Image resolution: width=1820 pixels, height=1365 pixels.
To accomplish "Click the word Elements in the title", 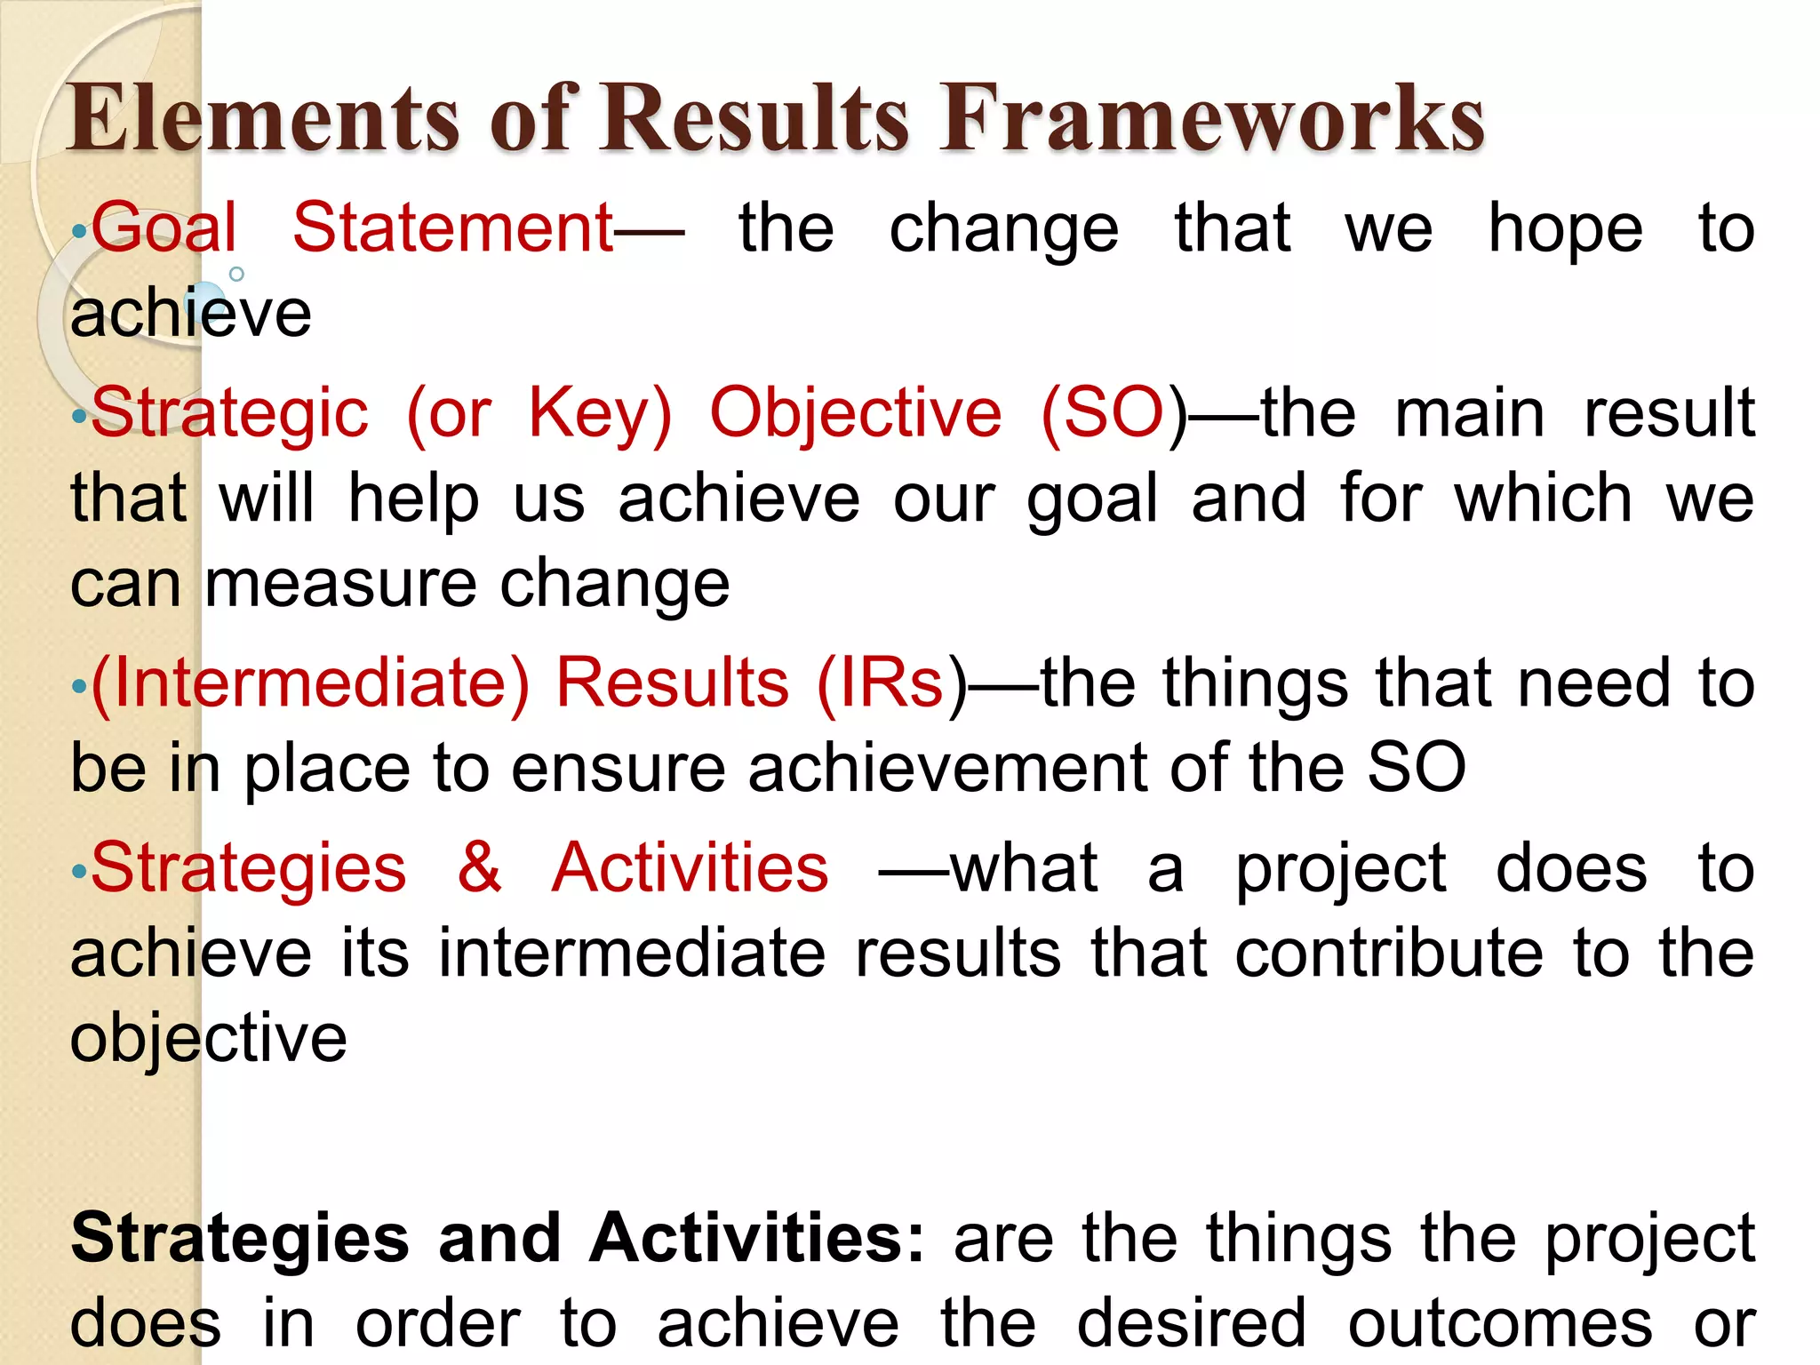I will [263, 118].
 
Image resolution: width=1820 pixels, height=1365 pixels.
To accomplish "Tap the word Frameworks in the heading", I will [1213, 118].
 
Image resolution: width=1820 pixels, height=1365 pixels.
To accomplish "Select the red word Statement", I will [453, 227].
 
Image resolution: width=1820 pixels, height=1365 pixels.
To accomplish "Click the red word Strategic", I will [230, 413].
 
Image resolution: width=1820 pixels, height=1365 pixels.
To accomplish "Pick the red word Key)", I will [601, 413].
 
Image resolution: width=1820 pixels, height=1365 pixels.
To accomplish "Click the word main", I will [1470, 413].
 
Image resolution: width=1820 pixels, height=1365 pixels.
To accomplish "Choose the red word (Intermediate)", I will [310, 683].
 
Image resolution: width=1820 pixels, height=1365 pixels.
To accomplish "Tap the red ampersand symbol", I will [480, 866].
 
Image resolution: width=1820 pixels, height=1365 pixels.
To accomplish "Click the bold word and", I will [499, 1238].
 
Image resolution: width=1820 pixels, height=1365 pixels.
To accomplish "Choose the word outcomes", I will [1499, 1323].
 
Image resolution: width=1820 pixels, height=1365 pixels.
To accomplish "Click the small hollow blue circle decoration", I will [236, 275].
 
